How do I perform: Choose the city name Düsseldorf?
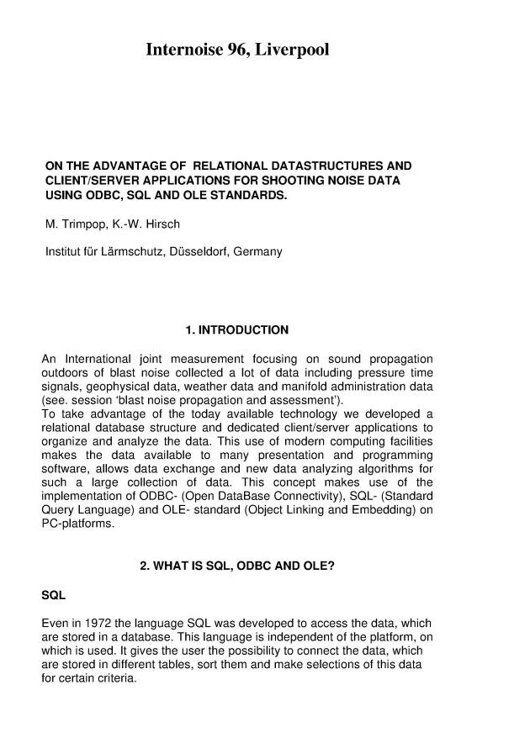[189, 251]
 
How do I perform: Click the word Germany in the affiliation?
[257, 251]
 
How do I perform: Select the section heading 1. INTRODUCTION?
[236, 330]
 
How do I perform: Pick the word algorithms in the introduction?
[376, 468]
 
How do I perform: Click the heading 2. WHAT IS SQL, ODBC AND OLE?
[236, 566]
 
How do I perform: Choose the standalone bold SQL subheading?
[54, 595]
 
